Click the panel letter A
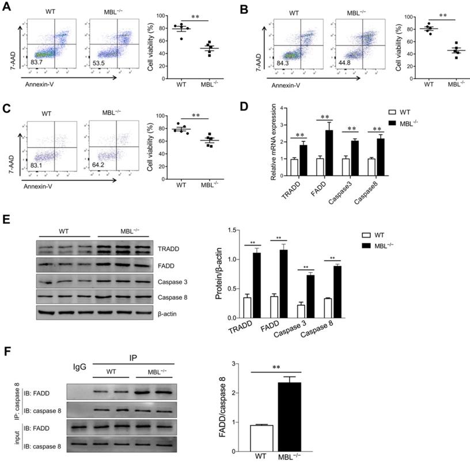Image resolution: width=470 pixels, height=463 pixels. pyautogui.click(x=7, y=8)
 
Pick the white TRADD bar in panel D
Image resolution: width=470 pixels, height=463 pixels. pyautogui.click(x=294, y=164)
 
